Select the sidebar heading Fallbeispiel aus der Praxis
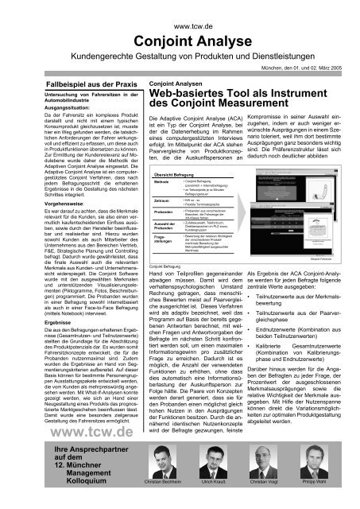pyautogui.click(x=70, y=82)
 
